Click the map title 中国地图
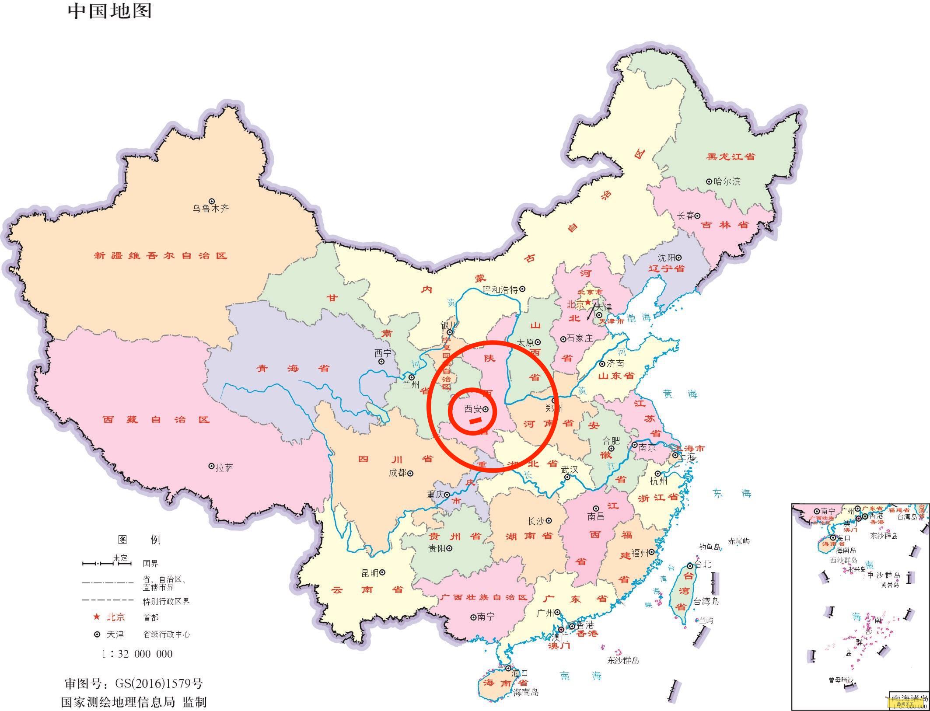(x=110, y=11)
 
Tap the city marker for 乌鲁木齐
(x=212, y=201)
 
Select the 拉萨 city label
(x=224, y=468)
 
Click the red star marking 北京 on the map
(x=588, y=302)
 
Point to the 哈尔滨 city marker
(x=709, y=181)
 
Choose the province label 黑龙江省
(x=731, y=157)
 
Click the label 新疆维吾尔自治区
(x=161, y=255)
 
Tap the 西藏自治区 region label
(x=156, y=420)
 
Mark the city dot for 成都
(x=410, y=473)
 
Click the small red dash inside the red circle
(x=475, y=421)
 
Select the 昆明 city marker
(x=382, y=572)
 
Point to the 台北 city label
(x=703, y=565)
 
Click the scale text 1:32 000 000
(x=137, y=654)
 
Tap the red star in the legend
(x=97, y=617)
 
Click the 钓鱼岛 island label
(x=710, y=547)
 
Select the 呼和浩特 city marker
(x=522, y=289)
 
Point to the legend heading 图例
(x=139, y=540)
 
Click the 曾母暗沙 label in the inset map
(x=840, y=680)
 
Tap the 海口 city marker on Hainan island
(x=508, y=669)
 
